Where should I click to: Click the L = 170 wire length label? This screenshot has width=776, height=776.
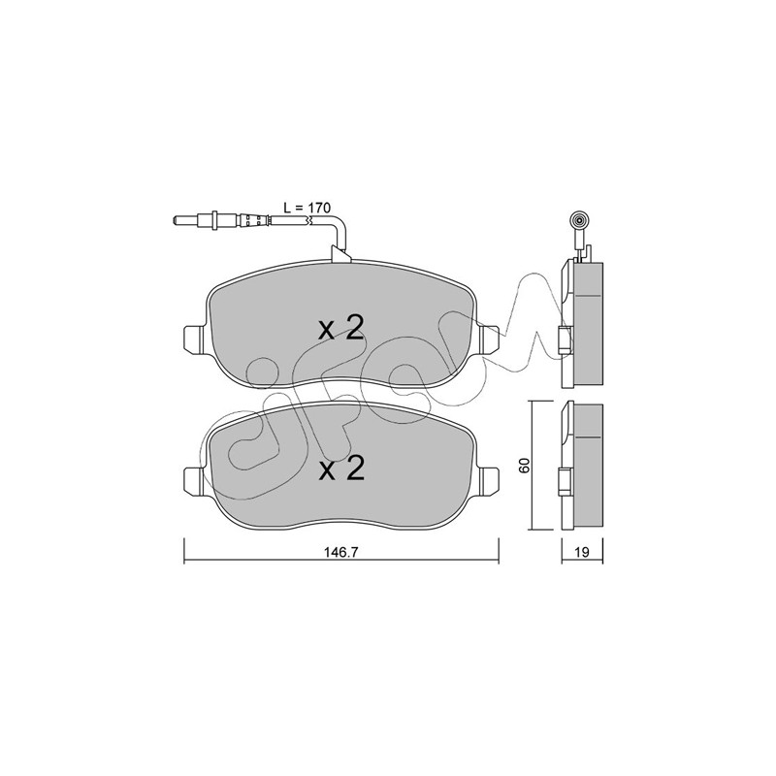coord(307,208)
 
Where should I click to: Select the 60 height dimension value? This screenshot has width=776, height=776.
coord(525,465)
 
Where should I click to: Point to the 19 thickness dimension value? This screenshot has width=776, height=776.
coord(583,552)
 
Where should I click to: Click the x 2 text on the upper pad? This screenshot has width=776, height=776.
coord(341,328)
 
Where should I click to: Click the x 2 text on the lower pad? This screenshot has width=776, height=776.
coord(341,469)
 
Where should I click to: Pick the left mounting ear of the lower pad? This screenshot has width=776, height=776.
coord(193,479)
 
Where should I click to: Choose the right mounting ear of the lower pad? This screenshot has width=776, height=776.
coord(489,479)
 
